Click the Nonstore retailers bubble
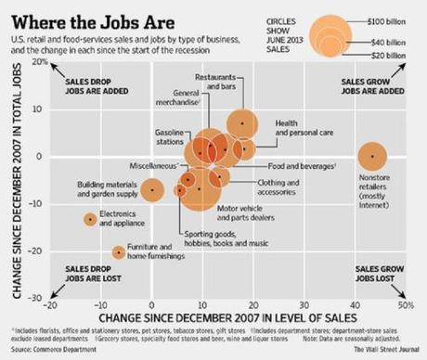[x=372, y=156]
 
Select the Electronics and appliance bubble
[x=90, y=219]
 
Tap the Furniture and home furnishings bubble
[x=119, y=252]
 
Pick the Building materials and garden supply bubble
[x=152, y=189]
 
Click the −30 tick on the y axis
[x=37, y=298]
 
